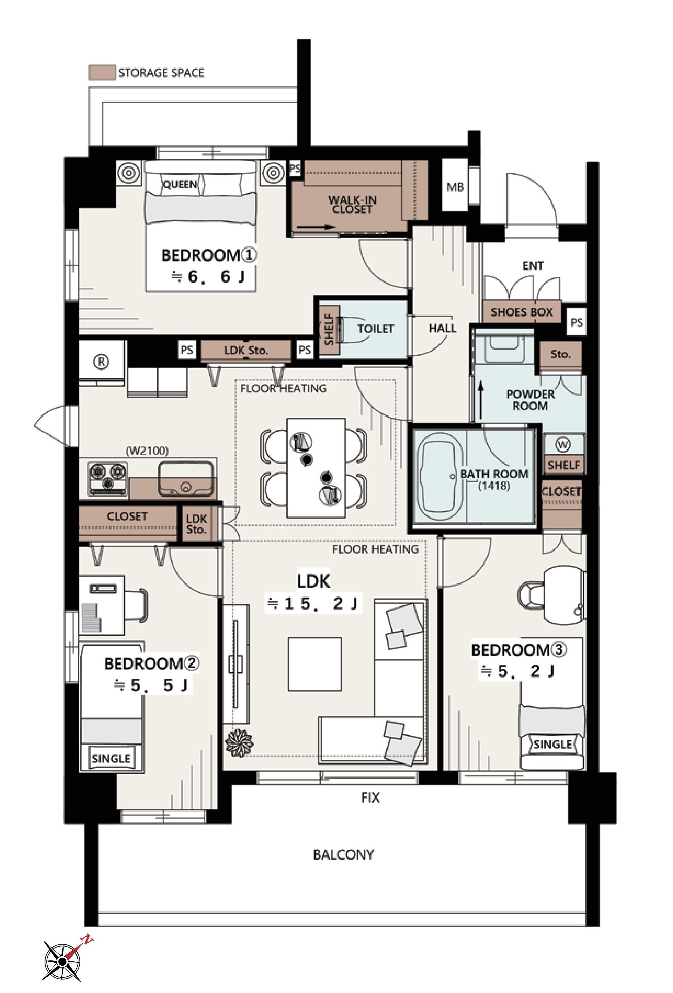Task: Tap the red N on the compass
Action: (x=87, y=939)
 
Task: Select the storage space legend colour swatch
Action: (x=102, y=72)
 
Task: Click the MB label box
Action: (x=455, y=187)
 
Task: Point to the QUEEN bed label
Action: (x=180, y=184)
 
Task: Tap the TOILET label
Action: (x=376, y=329)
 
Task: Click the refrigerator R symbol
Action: (x=101, y=362)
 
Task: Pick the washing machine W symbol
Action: (x=563, y=445)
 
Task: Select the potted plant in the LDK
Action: (x=239, y=743)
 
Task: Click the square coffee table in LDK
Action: (x=315, y=664)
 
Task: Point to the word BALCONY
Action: (x=343, y=855)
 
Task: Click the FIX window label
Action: (x=370, y=797)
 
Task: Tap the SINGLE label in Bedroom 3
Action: (x=553, y=744)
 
